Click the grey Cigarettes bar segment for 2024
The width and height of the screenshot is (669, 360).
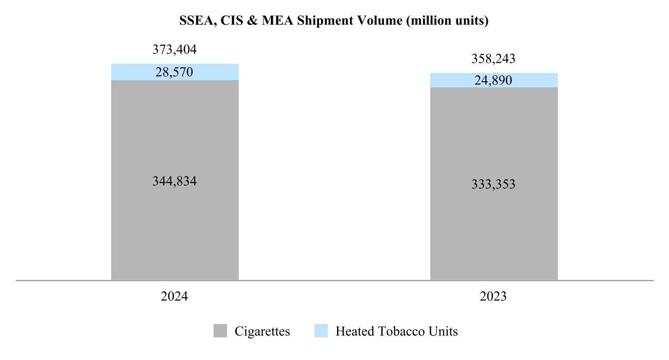click(x=175, y=231)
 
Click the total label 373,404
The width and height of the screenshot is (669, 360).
click(x=175, y=50)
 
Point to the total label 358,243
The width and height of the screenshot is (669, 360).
click(x=494, y=59)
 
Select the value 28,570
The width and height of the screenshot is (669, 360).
click(x=174, y=73)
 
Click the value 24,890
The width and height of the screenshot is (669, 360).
click(x=494, y=80)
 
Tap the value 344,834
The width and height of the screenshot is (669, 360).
click(x=175, y=181)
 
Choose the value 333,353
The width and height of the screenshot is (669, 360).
click(x=494, y=184)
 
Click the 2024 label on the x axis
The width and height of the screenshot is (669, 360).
click(x=174, y=297)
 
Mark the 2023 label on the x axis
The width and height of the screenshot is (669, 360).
click(x=494, y=297)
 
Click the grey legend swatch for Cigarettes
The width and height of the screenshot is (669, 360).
click(x=220, y=331)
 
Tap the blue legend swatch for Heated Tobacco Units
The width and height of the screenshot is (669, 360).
click(x=321, y=331)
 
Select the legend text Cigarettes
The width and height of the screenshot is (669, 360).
click(x=262, y=331)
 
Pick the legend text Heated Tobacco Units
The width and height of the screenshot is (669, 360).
click(x=396, y=331)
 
